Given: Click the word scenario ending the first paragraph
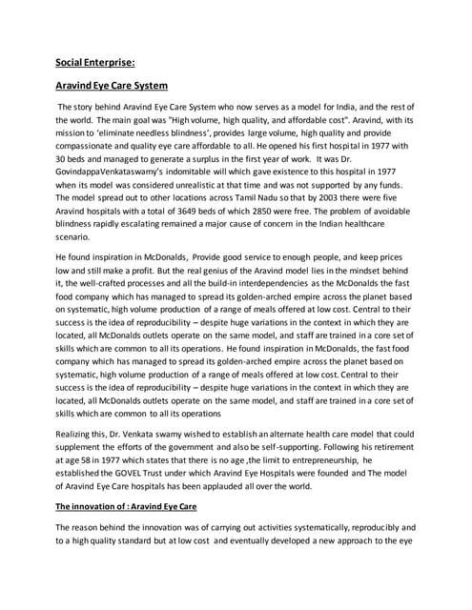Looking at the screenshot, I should click(72, 234).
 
